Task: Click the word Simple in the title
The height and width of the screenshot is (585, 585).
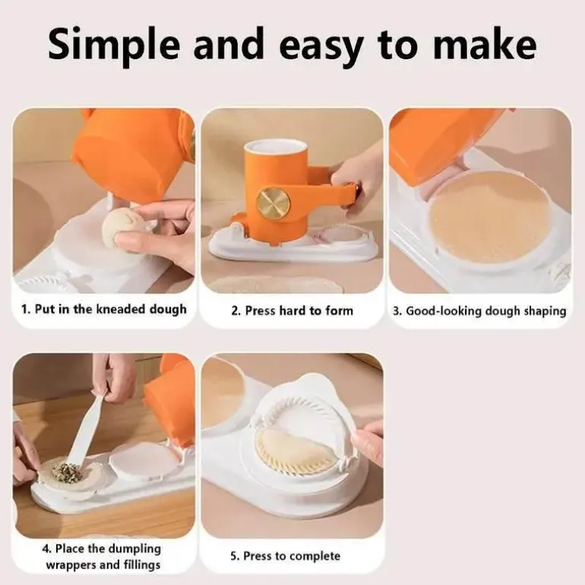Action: click(x=113, y=45)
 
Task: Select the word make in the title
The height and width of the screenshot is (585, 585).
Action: click(x=485, y=44)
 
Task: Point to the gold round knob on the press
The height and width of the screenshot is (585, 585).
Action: click(x=274, y=204)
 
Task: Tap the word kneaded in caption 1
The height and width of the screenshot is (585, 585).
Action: click(x=121, y=309)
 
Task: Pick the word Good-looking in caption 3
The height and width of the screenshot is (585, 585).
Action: click(x=444, y=311)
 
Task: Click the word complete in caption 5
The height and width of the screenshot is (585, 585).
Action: click(x=315, y=556)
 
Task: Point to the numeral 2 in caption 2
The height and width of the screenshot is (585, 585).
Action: click(x=234, y=311)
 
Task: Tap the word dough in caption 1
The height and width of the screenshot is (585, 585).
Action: click(x=168, y=310)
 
